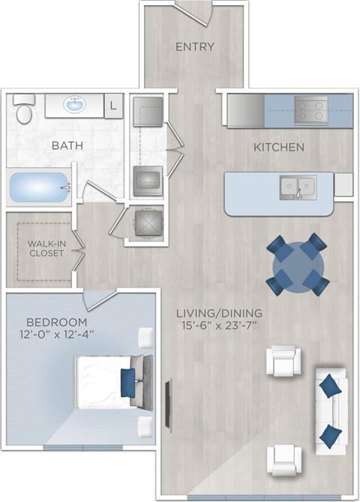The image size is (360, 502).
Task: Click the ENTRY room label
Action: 194,46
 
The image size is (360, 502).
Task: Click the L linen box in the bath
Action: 113,106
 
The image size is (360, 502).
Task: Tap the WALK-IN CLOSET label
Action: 46,248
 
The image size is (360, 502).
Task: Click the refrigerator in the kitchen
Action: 244,109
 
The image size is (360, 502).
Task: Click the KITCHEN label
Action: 278,147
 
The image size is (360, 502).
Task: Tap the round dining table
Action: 297,264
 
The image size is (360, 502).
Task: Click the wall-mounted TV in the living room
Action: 167,397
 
